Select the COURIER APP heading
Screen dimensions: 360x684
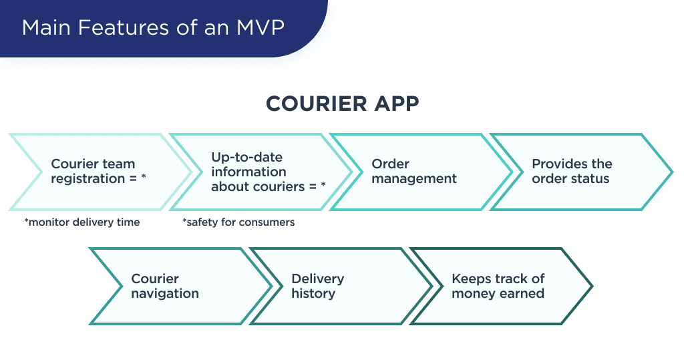(x=342, y=104)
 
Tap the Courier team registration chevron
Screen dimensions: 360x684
(x=97, y=172)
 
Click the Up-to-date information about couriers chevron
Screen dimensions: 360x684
(x=261, y=172)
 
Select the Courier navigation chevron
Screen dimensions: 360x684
(x=177, y=287)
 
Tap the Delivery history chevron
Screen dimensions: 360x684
(x=337, y=287)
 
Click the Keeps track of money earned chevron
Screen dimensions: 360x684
(x=498, y=287)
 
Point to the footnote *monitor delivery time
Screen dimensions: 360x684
(x=81, y=222)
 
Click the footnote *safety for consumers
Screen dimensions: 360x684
(x=238, y=222)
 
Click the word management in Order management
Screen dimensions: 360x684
(x=414, y=179)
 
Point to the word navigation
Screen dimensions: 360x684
(x=165, y=294)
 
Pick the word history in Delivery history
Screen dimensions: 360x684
(x=313, y=294)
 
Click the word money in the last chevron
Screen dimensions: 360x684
(x=472, y=294)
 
